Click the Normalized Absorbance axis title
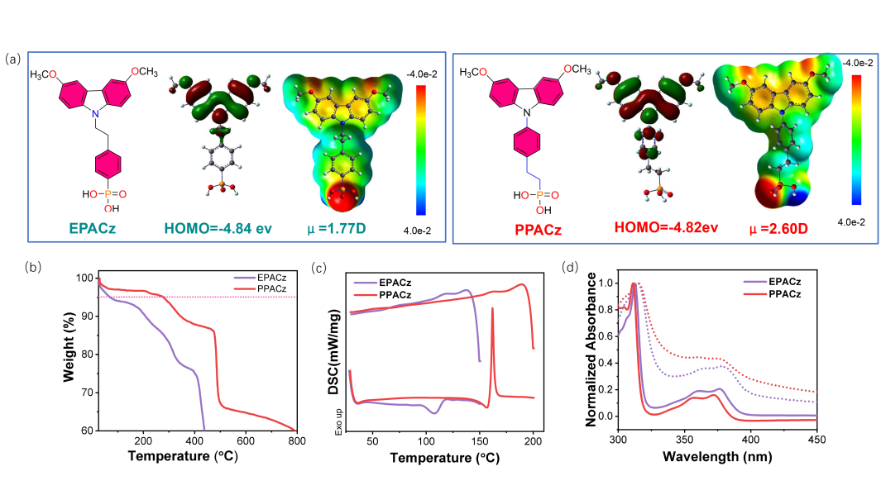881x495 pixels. (x=592, y=350)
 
